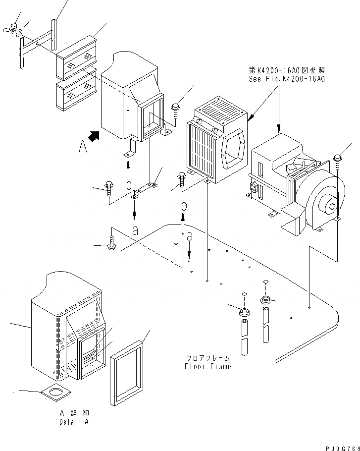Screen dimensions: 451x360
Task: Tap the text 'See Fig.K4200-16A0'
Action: tap(287, 79)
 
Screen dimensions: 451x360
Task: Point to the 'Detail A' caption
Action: tap(74, 422)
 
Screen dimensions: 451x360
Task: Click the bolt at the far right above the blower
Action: tap(338, 159)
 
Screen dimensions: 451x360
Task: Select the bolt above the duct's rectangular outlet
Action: tap(175, 108)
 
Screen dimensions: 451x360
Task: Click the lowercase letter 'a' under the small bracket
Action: tap(134, 229)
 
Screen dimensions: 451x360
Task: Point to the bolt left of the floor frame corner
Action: tap(111, 244)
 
